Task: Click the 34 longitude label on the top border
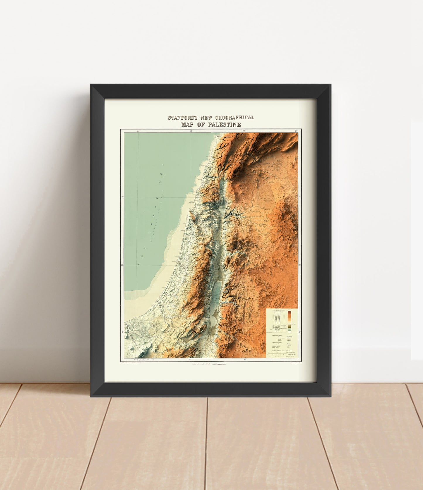pos(139,131)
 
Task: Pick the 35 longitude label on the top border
pos(191,131)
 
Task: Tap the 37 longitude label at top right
pos(296,131)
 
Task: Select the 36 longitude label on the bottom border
pos(244,360)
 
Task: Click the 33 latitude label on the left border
pos(122,197)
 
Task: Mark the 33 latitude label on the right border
pos(299,197)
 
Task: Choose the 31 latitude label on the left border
pos(122,332)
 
